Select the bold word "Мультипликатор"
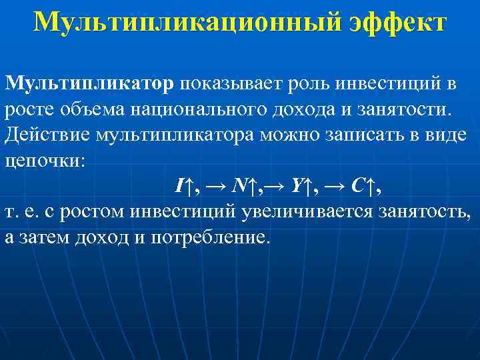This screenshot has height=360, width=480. tap(89, 83)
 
